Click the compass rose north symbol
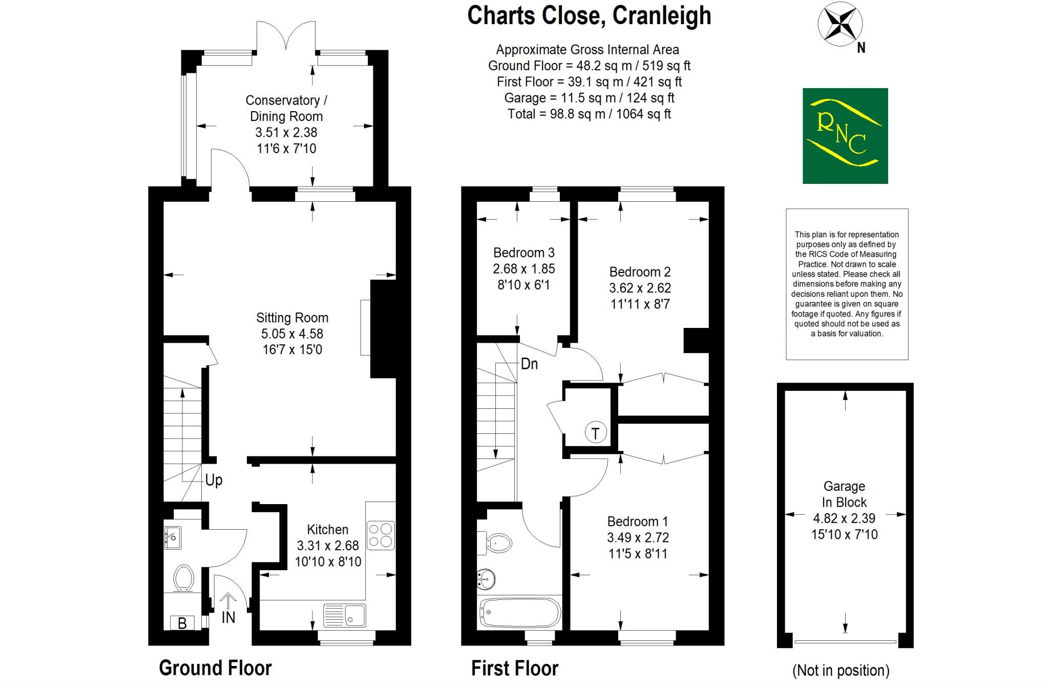pos(840,25)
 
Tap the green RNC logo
pos(845,136)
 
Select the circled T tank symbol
pos(595,433)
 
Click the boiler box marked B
pos(182,623)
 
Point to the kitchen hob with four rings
pos(381,535)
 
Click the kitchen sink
pos(345,615)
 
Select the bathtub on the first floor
pos(520,613)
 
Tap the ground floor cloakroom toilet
pos(183,578)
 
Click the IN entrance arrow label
pos(228,617)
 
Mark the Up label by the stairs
pos(214,480)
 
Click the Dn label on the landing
pos(529,364)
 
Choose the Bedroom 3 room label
pos(523,253)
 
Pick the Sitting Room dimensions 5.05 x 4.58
pos(292,334)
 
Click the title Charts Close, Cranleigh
pos(589,15)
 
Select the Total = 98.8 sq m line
pos(589,114)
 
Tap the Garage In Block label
pos(844,494)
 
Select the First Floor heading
pos(514,669)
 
